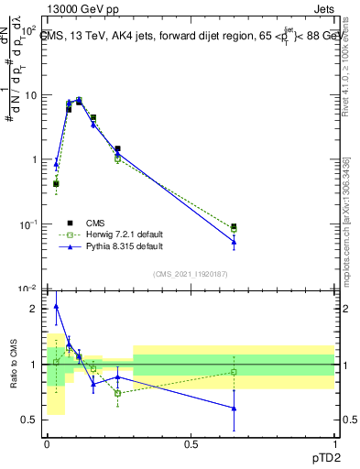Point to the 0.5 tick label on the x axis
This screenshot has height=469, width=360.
(191, 443)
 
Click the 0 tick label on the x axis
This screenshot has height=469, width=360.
(47, 443)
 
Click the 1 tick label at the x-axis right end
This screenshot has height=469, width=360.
(333, 443)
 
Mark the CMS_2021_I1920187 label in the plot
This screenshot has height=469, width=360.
(191, 274)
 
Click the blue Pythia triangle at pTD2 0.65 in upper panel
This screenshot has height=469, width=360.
(234, 242)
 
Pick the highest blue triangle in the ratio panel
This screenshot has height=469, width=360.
(56, 307)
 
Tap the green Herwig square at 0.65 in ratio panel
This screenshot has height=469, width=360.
(234, 372)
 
